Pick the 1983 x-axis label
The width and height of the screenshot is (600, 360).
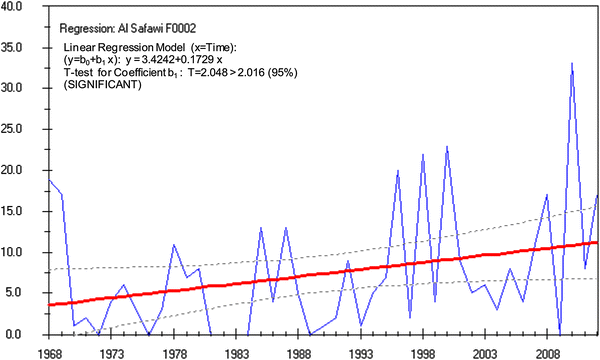236,352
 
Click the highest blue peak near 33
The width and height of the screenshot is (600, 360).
572,63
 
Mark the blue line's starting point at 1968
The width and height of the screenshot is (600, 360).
50,181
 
